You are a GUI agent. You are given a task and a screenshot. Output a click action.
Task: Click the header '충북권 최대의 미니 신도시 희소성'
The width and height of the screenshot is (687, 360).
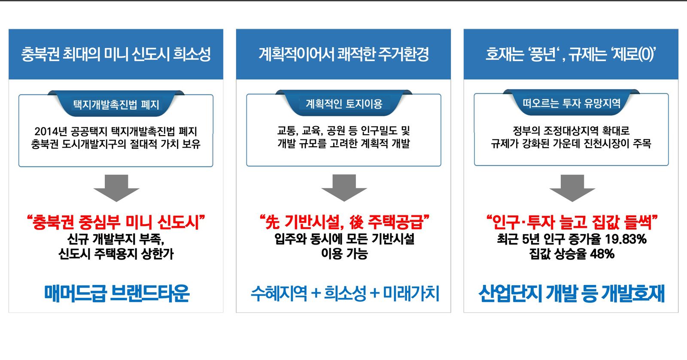point(116,54)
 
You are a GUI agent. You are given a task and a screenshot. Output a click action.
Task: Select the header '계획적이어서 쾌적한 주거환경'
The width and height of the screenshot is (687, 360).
point(343,54)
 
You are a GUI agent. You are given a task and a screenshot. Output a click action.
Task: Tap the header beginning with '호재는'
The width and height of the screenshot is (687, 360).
point(571,54)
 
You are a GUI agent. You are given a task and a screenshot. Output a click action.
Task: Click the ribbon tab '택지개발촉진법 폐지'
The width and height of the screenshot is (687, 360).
point(116,104)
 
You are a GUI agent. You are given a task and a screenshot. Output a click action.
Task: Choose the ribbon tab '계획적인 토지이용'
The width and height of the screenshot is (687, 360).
point(344,104)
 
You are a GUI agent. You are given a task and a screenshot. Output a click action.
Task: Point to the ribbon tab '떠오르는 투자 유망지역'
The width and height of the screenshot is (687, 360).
point(571,103)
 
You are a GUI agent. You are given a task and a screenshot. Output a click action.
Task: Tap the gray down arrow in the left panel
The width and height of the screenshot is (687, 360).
point(116,188)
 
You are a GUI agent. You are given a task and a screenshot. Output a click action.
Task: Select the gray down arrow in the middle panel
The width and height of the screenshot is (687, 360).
point(344,188)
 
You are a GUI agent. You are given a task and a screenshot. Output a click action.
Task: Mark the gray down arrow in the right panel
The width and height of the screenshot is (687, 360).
point(572,188)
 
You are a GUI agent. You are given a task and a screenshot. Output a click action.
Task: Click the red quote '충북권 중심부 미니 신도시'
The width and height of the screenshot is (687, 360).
point(116,222)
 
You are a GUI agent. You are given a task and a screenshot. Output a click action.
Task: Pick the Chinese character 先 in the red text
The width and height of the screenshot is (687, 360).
point(272,222)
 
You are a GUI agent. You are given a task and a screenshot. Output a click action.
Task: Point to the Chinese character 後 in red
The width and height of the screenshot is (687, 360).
point(356,222)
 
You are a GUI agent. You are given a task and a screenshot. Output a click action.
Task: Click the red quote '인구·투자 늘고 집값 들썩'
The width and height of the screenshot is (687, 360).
point(572,222)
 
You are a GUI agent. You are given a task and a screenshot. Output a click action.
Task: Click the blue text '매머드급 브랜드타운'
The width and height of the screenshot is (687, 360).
point(116,293)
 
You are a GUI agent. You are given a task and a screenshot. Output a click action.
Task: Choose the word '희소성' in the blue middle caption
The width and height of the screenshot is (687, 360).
point(345,293)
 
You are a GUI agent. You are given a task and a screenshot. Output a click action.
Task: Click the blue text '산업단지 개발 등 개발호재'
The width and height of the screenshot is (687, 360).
point(571,293)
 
